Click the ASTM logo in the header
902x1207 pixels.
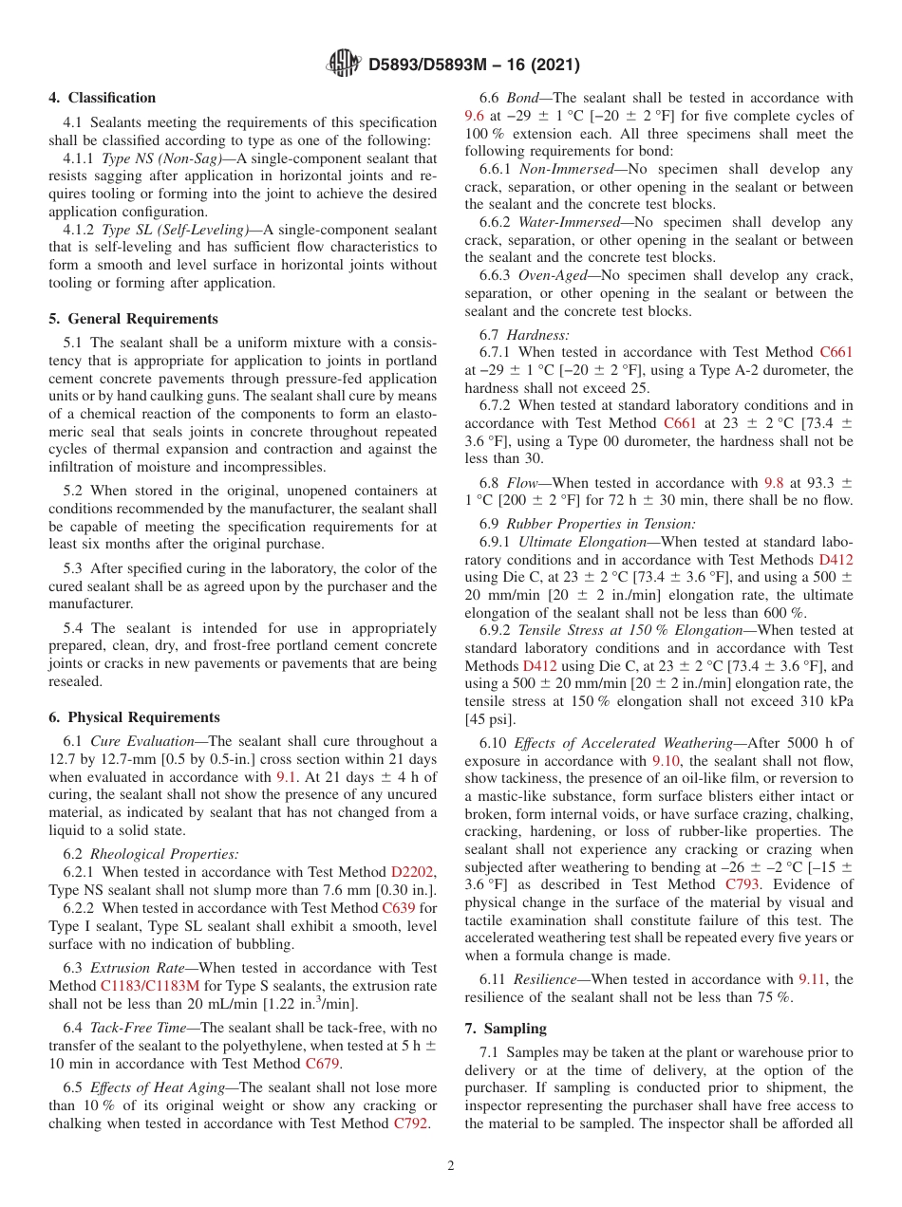click(x=344, y=64)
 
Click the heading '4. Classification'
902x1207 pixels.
click(x=103, y=98)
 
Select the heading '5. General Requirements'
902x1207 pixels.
click(x=133, y=319)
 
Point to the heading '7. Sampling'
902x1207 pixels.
click(x=505, y=1029)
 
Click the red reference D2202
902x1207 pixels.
click(x=413, y=871)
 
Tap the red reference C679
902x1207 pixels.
click(x=323, y=1064)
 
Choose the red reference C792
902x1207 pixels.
click(x=411, y=1123)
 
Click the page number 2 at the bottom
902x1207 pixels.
click(x=451, y=1166)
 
